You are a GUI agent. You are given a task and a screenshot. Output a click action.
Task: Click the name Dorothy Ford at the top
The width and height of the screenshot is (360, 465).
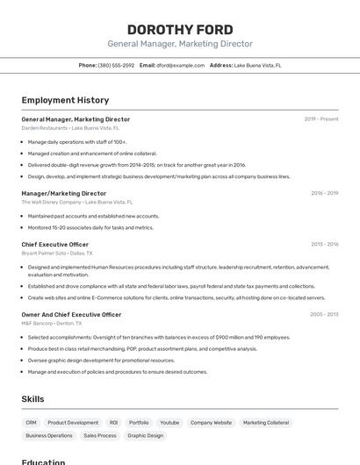coord(179,28)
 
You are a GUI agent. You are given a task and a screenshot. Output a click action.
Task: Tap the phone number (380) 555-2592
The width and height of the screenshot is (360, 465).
coord(116,65)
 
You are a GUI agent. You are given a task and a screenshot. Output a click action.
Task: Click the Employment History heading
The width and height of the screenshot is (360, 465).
coord(65,100)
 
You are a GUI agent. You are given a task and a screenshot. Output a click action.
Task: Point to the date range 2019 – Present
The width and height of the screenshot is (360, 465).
coord(321,118)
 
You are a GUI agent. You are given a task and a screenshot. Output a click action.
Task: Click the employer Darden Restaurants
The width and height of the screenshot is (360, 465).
coord(44,127)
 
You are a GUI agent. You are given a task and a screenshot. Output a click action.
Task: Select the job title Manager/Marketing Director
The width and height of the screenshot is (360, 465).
coord(63,193)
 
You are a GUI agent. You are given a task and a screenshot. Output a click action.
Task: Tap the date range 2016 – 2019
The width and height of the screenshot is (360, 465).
coord(324,193)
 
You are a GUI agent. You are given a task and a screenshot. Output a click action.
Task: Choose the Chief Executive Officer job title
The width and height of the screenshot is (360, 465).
coord(54,244)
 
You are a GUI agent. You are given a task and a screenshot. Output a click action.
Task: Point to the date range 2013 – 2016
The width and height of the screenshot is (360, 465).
coord(324,244)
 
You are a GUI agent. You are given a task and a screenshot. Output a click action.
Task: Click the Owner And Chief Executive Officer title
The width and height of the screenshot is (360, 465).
coord(71,314)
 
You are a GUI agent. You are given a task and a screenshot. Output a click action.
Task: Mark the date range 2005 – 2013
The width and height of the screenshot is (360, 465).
coord(324,314)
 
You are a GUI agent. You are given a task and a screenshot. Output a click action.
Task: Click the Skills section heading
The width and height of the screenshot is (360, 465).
coord(32,399)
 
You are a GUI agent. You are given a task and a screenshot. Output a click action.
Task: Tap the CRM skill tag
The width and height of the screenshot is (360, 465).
coord(31,422)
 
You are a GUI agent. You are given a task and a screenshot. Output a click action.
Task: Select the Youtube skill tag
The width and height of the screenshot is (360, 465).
coord(169,422)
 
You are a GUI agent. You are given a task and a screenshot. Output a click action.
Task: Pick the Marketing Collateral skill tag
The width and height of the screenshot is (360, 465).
coord(265,422)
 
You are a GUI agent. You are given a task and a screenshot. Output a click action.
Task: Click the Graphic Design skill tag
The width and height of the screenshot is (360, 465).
coord(145,435)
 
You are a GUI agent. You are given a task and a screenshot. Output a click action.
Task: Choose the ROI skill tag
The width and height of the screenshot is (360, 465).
coord(113,422)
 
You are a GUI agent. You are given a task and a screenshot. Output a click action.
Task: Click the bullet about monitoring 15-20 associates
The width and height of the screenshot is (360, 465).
coord(90,227)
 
